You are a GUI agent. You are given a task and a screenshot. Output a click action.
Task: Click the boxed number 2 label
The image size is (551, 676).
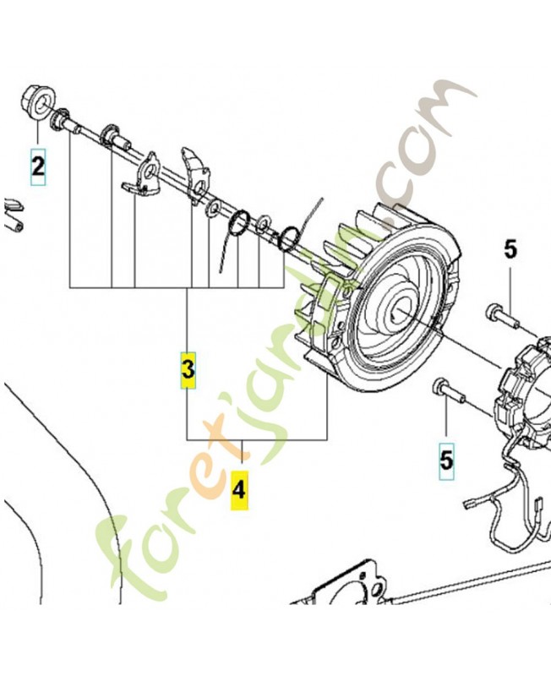(37, 166)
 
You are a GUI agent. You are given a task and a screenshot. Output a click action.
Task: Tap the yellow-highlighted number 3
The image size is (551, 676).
(188, 370)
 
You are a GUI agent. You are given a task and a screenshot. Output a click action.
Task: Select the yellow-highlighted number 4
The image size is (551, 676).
(239, 491)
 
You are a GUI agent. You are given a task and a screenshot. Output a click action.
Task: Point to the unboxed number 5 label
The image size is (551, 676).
(510, 250)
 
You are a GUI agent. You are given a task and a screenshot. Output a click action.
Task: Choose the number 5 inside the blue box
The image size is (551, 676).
(446, 461)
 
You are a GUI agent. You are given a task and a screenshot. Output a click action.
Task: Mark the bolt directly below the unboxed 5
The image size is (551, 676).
(502, 315)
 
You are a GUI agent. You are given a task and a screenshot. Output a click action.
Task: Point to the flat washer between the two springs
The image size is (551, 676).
(263, 222)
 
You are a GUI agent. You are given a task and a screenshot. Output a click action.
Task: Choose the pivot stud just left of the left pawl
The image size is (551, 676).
(113, 137)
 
